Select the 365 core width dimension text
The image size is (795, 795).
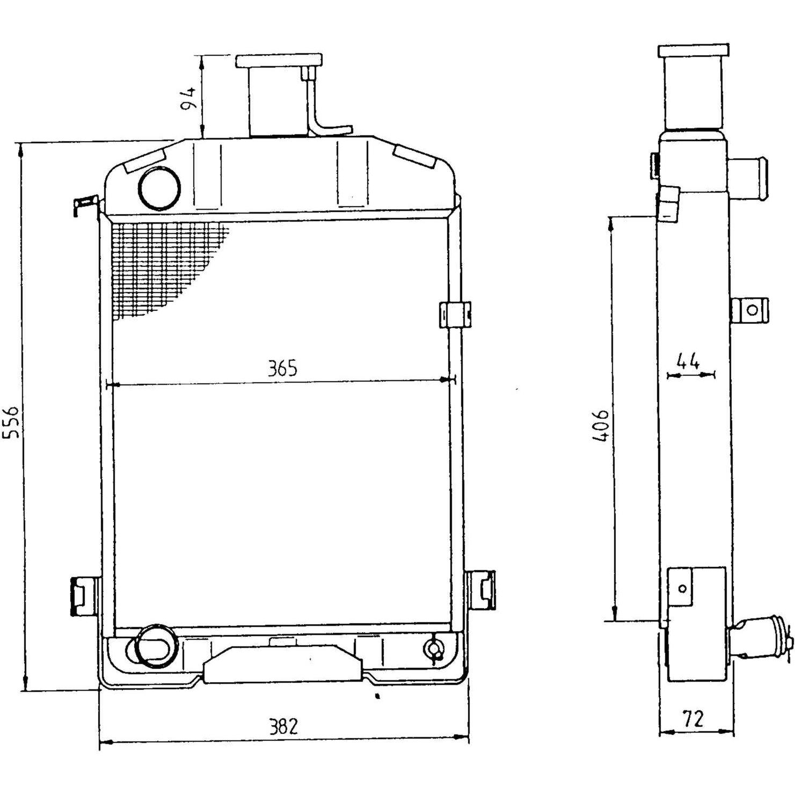pos(282,369)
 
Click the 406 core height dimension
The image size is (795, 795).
pos(601,426)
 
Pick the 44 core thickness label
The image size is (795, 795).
pos(688,361)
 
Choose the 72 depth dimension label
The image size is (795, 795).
pos(692,718)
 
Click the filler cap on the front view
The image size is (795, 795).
pos(279,60)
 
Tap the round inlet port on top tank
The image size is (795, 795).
pos(159,187)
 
